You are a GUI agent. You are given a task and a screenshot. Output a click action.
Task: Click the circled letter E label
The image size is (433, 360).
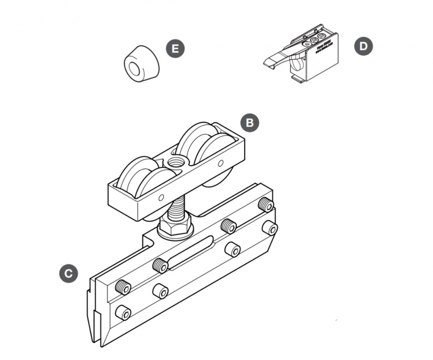point(175,49)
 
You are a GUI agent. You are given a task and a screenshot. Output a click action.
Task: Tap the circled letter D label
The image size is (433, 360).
point(363,46)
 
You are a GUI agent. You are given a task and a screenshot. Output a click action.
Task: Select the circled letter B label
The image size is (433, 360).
point(249,123)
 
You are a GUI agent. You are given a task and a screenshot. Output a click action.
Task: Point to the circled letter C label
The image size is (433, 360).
point(68,273)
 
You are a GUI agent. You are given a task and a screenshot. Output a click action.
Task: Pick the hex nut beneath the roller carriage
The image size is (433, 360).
point(175,226)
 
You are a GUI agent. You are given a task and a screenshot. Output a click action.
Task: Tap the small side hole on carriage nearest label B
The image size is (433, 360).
point(220,163)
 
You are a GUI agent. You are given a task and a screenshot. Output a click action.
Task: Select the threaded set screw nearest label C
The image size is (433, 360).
point(123,286)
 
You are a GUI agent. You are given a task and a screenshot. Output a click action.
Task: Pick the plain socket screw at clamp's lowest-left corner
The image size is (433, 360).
point(123,313)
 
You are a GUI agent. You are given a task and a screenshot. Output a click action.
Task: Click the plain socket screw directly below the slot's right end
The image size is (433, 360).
point(233,249)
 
